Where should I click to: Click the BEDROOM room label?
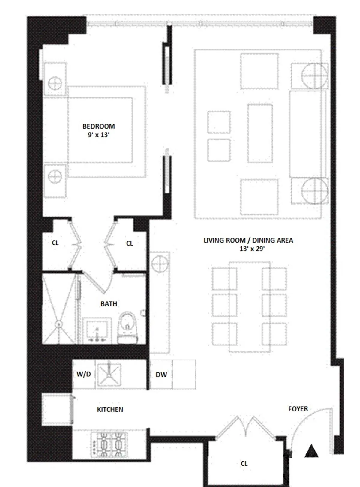click(x=98, y=126)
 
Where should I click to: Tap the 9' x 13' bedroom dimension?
click(x=98, y=135)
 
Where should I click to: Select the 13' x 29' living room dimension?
click(x=252, y=249)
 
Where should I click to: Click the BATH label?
click(x=109, y=304)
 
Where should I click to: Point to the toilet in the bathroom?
click(x=128, y=327)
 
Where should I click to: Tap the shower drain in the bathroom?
click(x=59, y=324)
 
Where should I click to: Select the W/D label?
click(x=84, y=374)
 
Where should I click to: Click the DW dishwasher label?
click(x=161, y=375)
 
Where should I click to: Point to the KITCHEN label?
click(x=110, y=409)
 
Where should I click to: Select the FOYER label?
click(x=298, y=409)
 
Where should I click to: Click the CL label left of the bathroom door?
click(x=55, y=243)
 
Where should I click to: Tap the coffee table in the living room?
click(x=260, y=133)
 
